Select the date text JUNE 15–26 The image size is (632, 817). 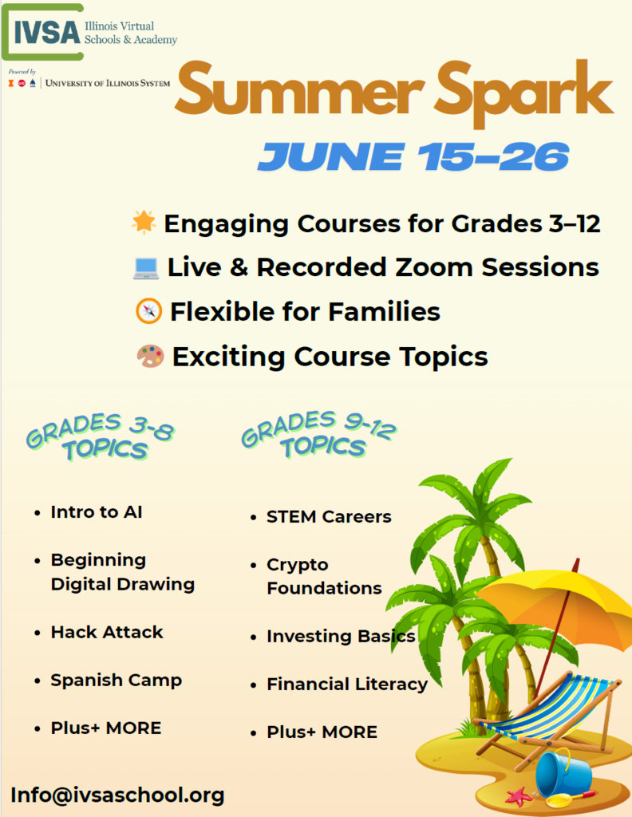[x=413, y=157]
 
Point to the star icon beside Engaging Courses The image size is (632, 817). [x=144, y=223]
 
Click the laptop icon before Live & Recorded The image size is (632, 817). [x=146, y=267]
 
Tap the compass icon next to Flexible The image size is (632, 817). [x=149, y=311]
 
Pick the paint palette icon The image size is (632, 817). [x=150, y=356]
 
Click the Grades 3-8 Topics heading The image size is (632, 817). [x=100, y=436]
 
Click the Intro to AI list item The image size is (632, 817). [x=97, y=512]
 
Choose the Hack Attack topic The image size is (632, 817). [x=107, y=632]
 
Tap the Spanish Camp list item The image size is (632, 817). [x=116, y=681]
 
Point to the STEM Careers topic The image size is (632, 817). [x=329, y=517]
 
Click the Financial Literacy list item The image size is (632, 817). [x=346, y=685]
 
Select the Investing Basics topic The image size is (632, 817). [x=341, y=637]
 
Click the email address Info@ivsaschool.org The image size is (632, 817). [x=117, y=795]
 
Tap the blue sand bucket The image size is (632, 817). [x=563, y=773]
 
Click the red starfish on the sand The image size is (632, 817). [x=519, y=795]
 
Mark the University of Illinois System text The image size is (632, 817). [x=108, y=82]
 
